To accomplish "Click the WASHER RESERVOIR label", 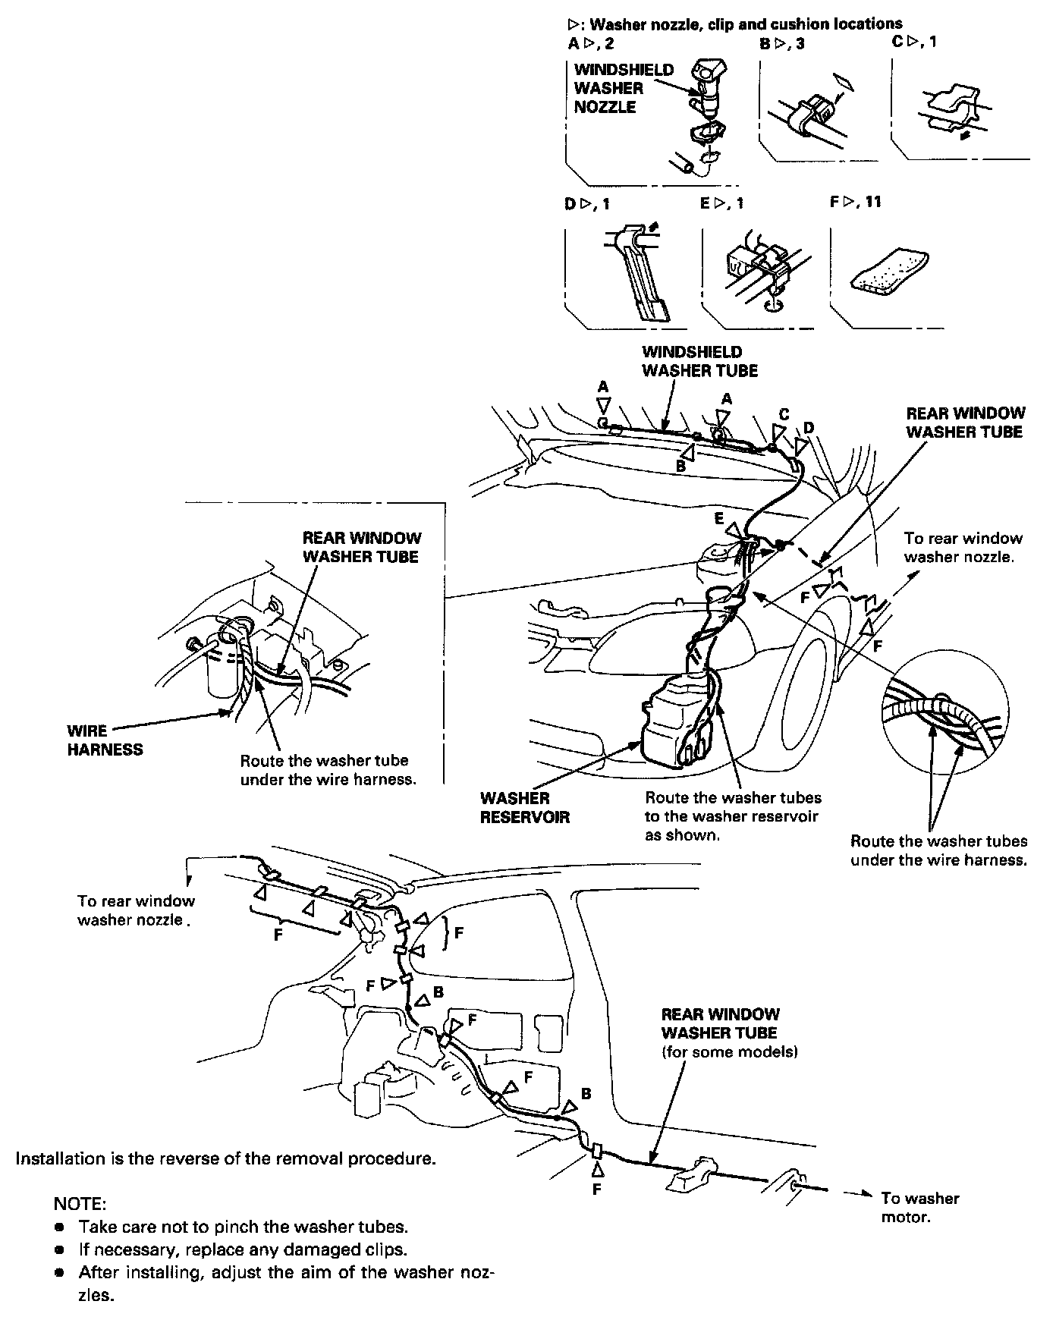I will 524,808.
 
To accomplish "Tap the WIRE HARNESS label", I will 105,740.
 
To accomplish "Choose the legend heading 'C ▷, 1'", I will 913,41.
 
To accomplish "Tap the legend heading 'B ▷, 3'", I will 781,44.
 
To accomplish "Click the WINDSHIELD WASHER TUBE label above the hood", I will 699,361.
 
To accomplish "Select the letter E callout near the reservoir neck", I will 718,520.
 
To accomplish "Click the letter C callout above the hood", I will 784,414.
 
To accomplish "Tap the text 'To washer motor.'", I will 919,1208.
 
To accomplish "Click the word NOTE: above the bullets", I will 80,1204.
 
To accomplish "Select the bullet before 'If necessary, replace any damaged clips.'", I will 59,1249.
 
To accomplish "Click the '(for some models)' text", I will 729,1052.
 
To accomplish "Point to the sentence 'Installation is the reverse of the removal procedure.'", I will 226,1159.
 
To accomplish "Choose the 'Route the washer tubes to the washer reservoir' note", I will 733,816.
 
